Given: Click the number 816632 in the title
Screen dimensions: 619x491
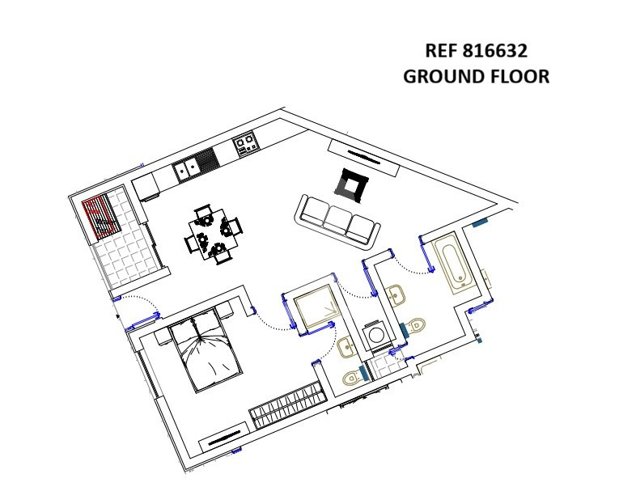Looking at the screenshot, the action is pyautogui.click(x=494, y=51).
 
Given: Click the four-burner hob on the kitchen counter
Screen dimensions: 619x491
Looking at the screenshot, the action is pyautogui.click(x=246, y=145).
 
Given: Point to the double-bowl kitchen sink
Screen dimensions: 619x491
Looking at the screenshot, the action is pyautogui.click(x=187, y=169).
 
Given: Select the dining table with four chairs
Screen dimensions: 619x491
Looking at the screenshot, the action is pyautogui.click(x=213, y=235).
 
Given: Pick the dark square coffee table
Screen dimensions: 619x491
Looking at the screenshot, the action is pyautogui.click(x=351, y=184).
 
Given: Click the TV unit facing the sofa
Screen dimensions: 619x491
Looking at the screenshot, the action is pyautogui.click(x=363, y=158).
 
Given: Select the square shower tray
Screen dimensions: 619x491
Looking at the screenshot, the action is pyautogui.click(x=316, y=307).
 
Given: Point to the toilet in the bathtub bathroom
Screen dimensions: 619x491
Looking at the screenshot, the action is pyautogui.click(x=414, y=325).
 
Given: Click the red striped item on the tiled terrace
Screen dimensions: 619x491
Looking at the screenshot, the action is pyautogui.click(x=100, y=217).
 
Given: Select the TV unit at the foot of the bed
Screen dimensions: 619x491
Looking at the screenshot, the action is pyautogui.click(x=224, y=436).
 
